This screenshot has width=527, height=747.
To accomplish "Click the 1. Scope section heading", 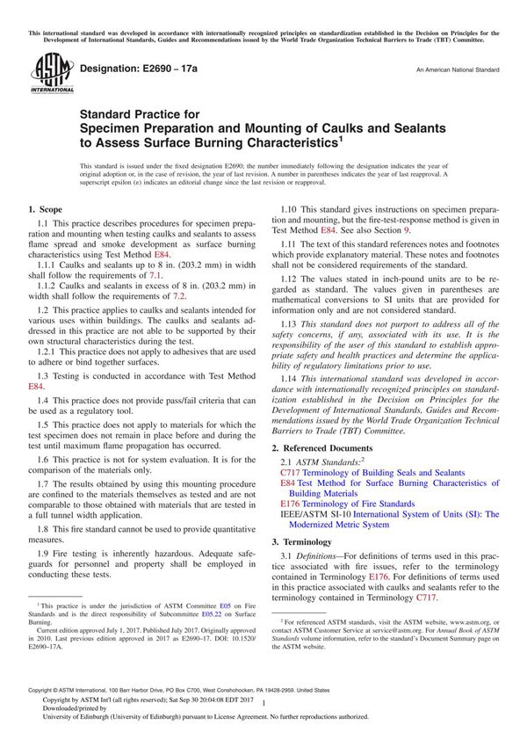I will (x=45, y=210).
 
